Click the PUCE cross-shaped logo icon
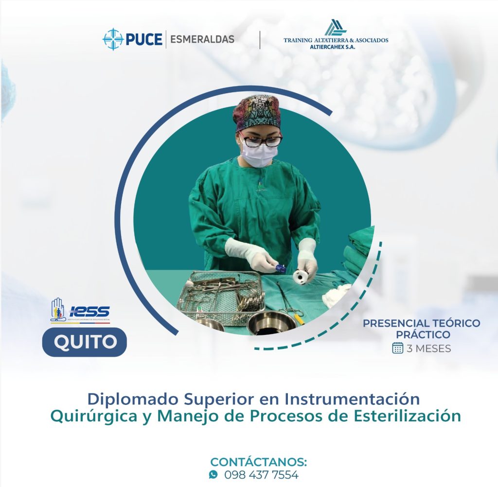113,39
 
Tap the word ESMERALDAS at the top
202,39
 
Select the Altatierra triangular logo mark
336,28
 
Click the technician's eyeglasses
261,140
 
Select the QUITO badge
85,342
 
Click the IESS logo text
89,311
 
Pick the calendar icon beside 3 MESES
398,348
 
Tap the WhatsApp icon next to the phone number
213,474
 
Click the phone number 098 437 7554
261,475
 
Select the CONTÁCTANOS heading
259,462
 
